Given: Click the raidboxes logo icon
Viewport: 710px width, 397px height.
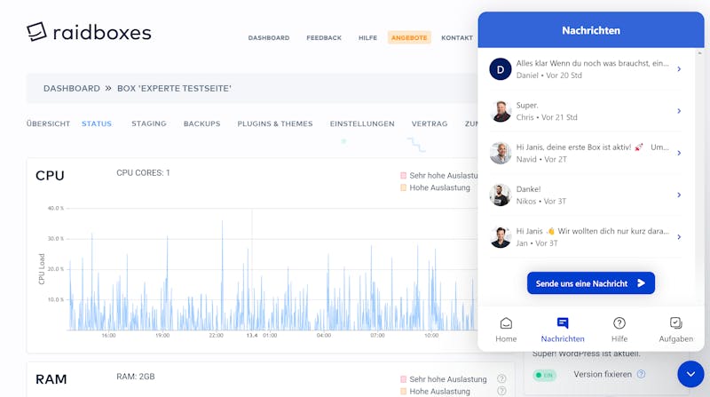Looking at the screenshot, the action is [x=36, y=32].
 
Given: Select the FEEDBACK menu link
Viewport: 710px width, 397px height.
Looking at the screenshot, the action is [x=324, y=37].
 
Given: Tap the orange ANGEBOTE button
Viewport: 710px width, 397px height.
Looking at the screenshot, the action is [x=409, y=37].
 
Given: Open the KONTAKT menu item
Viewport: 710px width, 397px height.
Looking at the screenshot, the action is [x=457, y=37].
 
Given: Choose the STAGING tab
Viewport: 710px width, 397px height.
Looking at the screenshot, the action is [x=149, y=123].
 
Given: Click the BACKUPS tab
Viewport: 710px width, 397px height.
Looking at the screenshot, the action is [x=202, y=123].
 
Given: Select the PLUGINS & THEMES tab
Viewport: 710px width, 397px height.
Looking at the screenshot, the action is [x=275, y=123].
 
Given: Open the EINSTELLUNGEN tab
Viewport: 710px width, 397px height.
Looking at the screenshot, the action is [x=362, y=123].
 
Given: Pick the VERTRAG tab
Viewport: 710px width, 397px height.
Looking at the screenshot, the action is [x=430, y=123].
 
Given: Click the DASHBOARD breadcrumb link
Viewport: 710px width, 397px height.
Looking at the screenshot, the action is [x=72, y=89].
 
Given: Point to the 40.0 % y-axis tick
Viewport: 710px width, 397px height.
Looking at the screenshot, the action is [x=56, y=209].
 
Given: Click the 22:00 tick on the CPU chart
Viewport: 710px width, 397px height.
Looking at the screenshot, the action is [x=216, y=336].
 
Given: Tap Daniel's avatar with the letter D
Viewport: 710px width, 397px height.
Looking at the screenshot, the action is [x=501, y=69].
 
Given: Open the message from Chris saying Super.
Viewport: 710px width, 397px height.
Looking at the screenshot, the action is [x=584, y=111].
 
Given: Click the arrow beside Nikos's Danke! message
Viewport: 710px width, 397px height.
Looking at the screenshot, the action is [x=679, y=195].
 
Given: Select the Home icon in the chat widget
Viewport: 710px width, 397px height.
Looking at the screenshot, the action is [x=506, y=323].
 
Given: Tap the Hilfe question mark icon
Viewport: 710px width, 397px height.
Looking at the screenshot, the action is [x=619, y=323].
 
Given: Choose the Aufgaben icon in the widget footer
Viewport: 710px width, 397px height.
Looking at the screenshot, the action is [x=675, y=323].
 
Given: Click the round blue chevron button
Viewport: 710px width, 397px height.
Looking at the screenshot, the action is [x=690, y=374].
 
